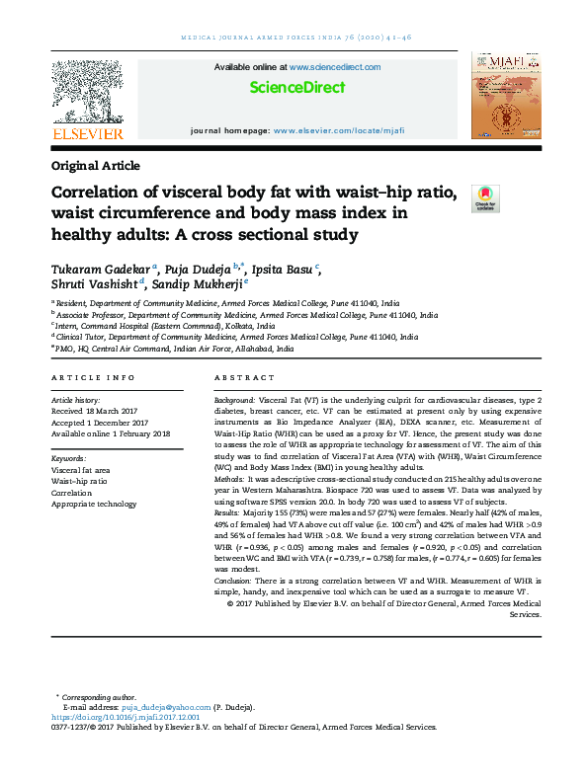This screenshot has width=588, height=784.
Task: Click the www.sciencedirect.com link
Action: pyautogui.click(x=335, y=67)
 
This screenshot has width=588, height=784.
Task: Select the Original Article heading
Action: pyautogui.click(x=95, y=166)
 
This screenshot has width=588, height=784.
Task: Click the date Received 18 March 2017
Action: pyautogui.click(x=100, y=413)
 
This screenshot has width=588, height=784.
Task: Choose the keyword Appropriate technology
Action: pyautogui.click(x=94, y=476)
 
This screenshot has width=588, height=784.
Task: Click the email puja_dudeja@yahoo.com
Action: pyautogui.click(x=167, y=708)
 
